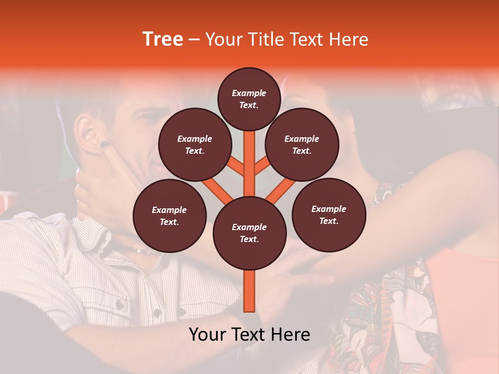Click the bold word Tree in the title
coord(163,39)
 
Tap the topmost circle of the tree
coord(249,99)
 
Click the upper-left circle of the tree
coord(194,144)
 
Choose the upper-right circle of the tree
coord(302,144)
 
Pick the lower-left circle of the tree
coord(169,216)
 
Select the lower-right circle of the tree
coord(329,215)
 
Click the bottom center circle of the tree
coord(249,233)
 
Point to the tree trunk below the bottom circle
coord(249,291)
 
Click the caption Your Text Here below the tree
coord(249,335)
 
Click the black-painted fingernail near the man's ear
coord(104,144)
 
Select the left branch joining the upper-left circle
coord(235,167)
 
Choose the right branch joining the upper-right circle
coord(263,166)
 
